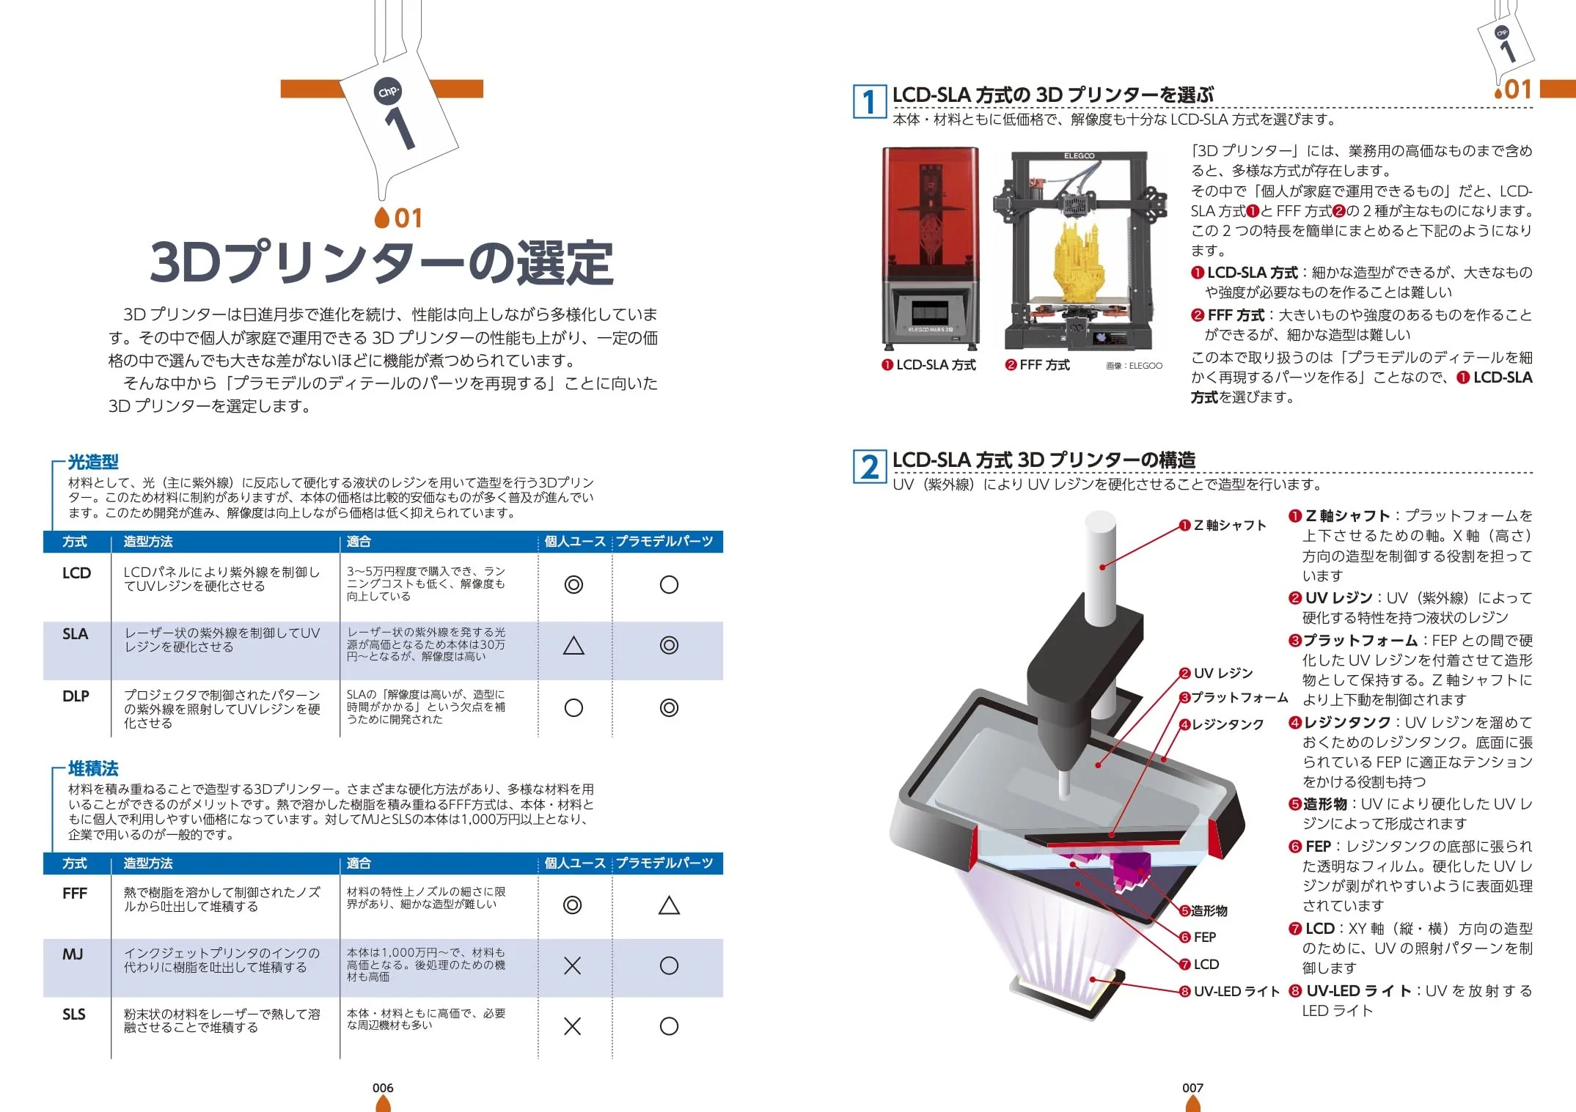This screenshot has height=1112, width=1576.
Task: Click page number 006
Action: click(x=383, y=1088)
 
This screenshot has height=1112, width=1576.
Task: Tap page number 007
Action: click(x=1192, y=1088)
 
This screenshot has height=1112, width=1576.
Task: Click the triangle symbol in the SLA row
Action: click(x=573, y=645)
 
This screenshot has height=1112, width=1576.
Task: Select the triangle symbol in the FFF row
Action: click(x=669, y=905)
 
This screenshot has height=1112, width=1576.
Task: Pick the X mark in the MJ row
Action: click(x=573, y=965)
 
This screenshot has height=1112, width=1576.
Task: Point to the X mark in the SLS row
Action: click(x=573, y=1026)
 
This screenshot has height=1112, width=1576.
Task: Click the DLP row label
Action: click(x=76, y=696)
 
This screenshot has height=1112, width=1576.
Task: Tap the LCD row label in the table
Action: click(x=76, y=573)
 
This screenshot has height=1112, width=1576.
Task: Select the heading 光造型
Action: click(x=93, y=462)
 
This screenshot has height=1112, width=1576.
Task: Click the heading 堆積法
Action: click(x=93, y=768)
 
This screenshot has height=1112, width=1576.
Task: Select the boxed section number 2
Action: click(x=870, y=467)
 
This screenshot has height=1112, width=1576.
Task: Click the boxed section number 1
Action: click(x=870, y=102)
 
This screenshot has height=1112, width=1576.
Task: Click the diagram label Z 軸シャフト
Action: click(x=1223, y=525)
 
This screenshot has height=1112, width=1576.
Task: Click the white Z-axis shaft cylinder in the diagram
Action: click(x=1101, y=567)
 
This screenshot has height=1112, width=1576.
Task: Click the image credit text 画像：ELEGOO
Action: click(x=1134, y=366)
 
